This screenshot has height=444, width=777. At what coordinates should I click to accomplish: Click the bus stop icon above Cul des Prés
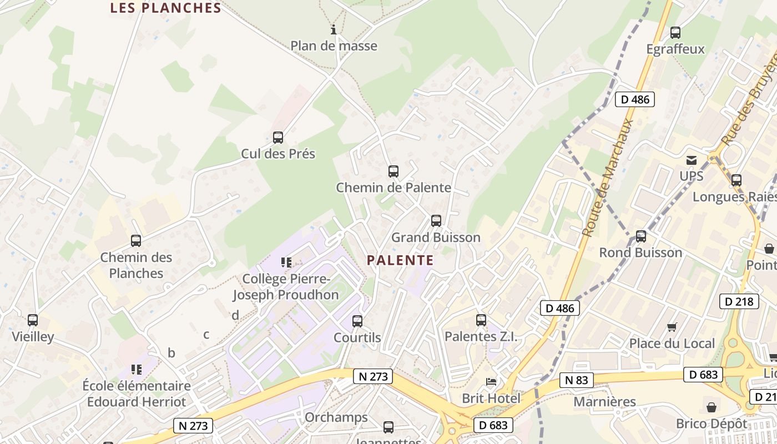click(278, 138)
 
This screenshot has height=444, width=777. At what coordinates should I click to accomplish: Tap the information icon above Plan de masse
click(334, 29)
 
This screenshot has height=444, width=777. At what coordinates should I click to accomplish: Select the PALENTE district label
click(400, 260)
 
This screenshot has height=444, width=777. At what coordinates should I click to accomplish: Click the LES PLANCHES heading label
click(165, 8)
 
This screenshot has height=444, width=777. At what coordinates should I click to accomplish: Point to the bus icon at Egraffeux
click(675, 33)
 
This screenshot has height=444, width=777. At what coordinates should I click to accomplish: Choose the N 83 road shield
click(576, 380)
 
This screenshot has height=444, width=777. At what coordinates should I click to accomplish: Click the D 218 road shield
click(739, 301)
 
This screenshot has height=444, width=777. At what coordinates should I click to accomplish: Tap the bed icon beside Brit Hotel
click(491, 382)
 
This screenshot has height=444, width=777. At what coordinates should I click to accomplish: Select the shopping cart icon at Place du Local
click(672, 327)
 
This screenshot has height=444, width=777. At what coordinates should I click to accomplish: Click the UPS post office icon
click(692, 160)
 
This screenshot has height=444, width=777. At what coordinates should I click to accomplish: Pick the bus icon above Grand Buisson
click(436, 221)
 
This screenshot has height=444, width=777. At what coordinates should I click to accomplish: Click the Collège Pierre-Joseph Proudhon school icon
click(286, 262)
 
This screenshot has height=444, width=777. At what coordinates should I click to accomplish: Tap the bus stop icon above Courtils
click(357, 321)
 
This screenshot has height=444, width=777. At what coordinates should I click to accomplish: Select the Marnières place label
click(604, 401)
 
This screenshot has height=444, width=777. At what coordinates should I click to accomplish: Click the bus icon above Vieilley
click(33, 320)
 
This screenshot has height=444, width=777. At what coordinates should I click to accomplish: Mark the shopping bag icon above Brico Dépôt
click(712, 407)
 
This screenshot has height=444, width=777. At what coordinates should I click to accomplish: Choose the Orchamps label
click(336, 417)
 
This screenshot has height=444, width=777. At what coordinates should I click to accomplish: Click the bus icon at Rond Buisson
click(641, 236)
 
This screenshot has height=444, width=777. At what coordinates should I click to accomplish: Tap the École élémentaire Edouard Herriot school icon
click(137, 369)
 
